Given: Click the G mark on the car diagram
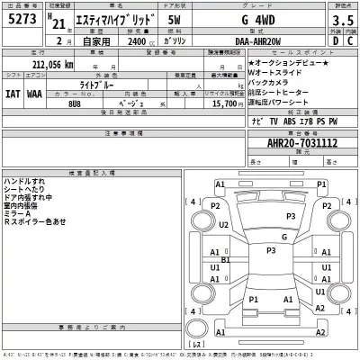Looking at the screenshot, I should point(284,237).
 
